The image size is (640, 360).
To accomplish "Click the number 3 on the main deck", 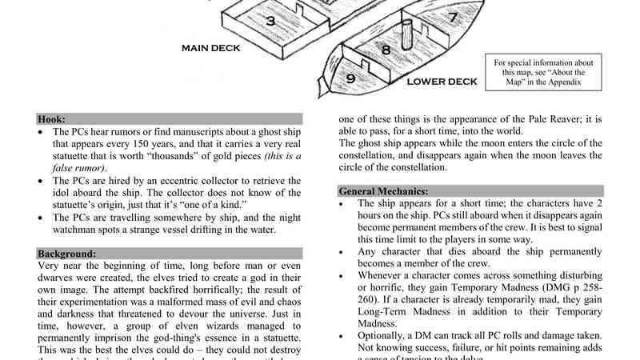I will (x=270, y=21).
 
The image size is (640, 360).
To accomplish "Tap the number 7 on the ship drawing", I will (x=452, y=17).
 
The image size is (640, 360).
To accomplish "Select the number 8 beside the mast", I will (x=386, y=50).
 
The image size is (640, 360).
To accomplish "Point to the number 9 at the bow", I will (x=350, y=78).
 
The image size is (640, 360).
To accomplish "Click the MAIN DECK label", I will (x=211, y=48).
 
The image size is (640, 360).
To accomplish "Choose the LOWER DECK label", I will (x=442, y=82).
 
